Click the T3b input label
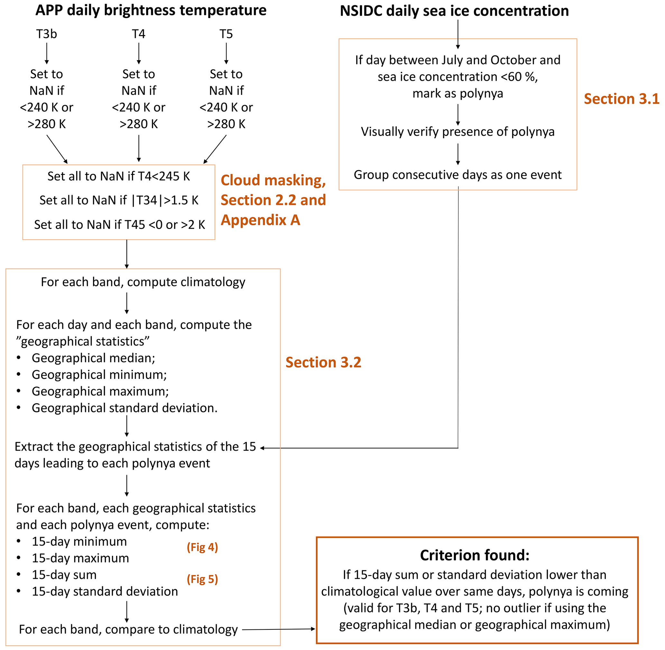pos(46,34)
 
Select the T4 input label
pos(139,34)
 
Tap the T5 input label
pos(226,34)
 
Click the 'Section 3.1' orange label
pos(621,99)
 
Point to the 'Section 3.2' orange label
pos(323,362)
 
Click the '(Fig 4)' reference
pos(202,547)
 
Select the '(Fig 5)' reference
pos(202,579)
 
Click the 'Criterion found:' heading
pos(475,555)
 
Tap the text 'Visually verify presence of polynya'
pos(458,132)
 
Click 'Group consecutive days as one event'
pos(458,175)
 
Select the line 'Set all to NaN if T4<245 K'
pos(118,177)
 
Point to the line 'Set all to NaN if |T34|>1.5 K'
pos(118,200)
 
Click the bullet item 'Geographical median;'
pos(93,358)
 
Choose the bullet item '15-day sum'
pos(64,575)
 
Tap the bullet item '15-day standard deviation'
pos(105,591)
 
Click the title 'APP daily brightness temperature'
pos(151,10)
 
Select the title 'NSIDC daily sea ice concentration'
pos(454,11)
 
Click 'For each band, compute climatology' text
pos(143,282)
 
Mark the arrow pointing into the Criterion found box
pos(278,629)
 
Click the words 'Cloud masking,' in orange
pos(273,180)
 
